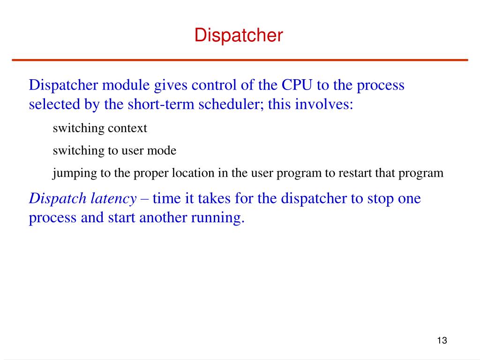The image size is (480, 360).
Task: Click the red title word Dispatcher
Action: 239,35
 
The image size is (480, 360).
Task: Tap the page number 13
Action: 442,340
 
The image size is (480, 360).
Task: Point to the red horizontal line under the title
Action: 240,60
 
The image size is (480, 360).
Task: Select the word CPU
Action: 297,85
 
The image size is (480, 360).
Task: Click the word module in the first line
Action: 126,85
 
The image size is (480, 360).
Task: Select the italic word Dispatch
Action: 58,199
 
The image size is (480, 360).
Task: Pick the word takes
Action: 214,198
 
